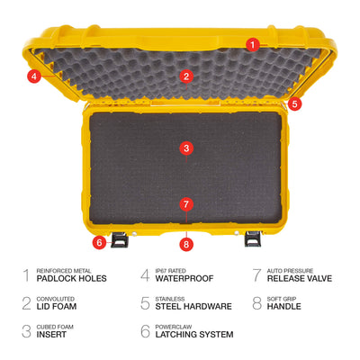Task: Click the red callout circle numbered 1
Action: [x=253, y=45]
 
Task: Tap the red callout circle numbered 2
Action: [x=186, y=76]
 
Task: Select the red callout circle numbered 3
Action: [x=186, y=148]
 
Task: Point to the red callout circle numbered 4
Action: [x=34, y=76]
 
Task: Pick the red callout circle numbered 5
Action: [x=294, y=103]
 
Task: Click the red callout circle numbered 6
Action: [x=99, y=242]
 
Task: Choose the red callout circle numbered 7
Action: [x=186, y=204]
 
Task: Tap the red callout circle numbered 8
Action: [x=186, y=244]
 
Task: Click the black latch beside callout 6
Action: [x=120, y=239]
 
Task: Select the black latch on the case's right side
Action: [x=253, y=239]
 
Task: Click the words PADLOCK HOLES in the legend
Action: [x=71, y=278]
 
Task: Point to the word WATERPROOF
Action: [x=184, y=278]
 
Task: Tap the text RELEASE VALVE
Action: [x=300, y=278]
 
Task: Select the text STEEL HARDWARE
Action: [x=193, y=306]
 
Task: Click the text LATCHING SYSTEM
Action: [x=194, y=334]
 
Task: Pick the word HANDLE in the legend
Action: [x=283, y=306]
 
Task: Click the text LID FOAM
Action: [x=57, y=306]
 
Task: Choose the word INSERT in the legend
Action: [x=51, y=334]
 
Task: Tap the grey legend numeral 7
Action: [x=256, y=275]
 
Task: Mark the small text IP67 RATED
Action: [x=170, y=271]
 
